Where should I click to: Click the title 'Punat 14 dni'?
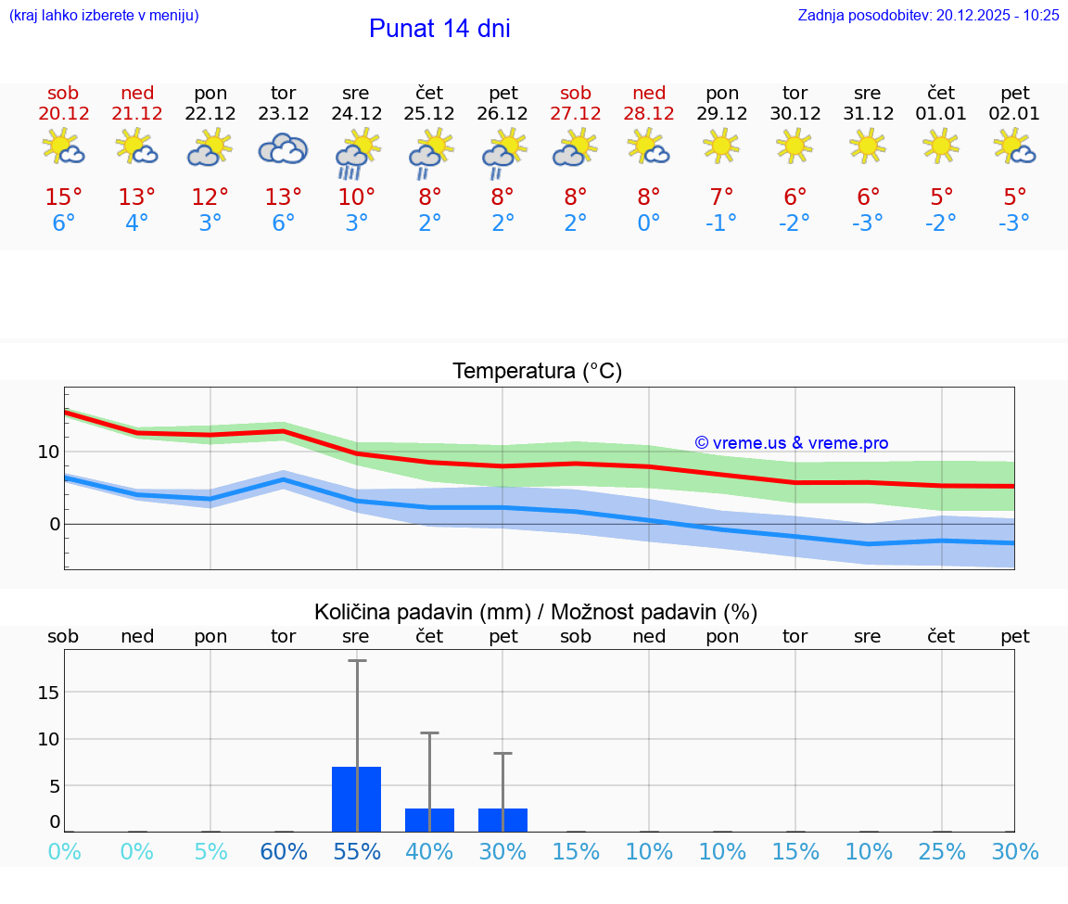(x=439, y=29)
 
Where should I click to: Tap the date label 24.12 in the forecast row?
(x=356, y=114)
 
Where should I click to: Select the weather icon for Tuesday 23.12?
(x=283, y=148)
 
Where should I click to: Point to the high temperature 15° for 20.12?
(x=63, y=197)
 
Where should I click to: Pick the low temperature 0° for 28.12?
(x=649, y=223)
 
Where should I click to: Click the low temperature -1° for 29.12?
(x=721, y=223)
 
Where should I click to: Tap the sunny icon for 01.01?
(x=941, y=145)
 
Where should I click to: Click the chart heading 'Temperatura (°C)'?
(x=537, y=372)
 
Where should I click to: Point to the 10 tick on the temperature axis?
(x=48, y=452)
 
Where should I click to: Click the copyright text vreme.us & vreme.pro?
(x=792, y=443)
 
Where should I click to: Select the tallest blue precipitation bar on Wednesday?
(x=356, y=798)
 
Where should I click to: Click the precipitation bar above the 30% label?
(x=502, y=820)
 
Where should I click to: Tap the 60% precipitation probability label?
(x=283, y=851)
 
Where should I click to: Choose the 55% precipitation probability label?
(x=356, y=851)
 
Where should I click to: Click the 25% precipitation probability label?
(x=942, y=851)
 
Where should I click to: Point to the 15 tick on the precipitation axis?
(x=48, y=693)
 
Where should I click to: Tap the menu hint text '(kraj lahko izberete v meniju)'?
(x=103, y=15)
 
